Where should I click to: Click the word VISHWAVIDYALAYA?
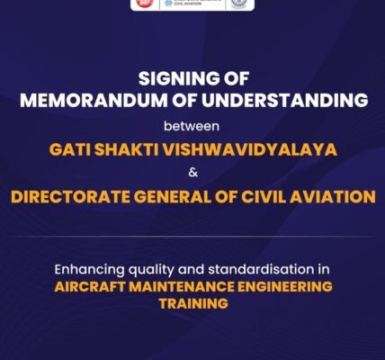coord(253,148)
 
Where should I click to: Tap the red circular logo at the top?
coord(142,4)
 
